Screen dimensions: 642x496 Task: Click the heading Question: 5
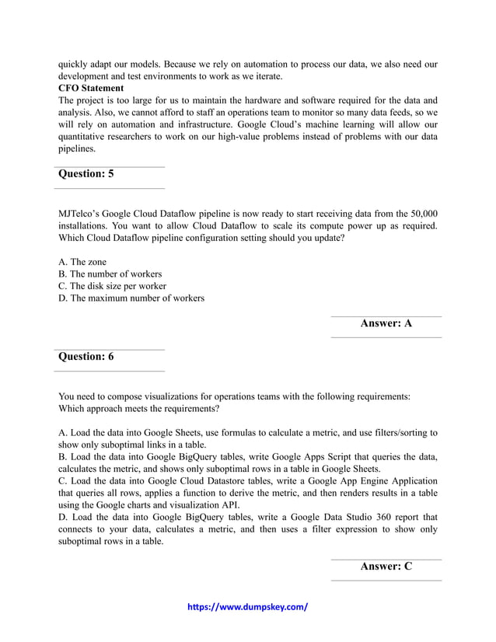86,174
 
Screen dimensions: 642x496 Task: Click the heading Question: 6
86,357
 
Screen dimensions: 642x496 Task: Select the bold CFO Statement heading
90,88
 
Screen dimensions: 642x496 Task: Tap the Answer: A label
386,323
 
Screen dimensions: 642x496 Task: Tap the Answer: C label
386,567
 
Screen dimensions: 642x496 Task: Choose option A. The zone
82,263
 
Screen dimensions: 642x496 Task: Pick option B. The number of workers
110,274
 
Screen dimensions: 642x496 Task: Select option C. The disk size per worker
113,286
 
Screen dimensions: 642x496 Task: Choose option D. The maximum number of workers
131,298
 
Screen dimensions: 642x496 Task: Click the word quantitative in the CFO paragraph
88,137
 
